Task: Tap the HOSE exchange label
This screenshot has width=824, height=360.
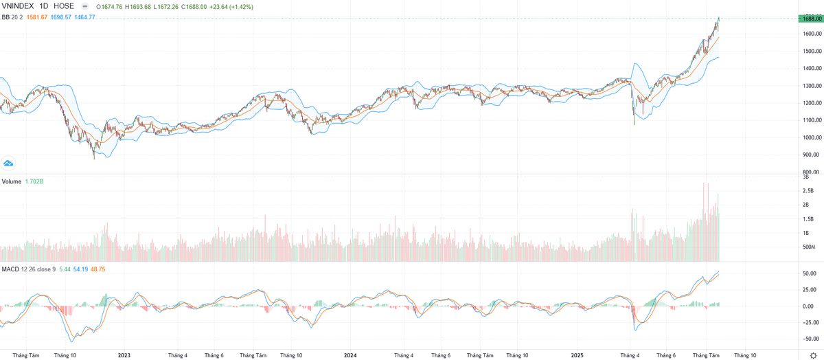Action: click(64, 6)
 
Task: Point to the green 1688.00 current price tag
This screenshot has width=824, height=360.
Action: click(810, 19)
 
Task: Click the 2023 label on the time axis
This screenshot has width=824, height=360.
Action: click(124, 355)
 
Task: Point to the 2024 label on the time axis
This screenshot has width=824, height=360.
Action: click(350, 355)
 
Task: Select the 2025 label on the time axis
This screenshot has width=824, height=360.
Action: click(577, 355)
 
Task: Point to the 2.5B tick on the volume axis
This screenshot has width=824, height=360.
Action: click(808, 191)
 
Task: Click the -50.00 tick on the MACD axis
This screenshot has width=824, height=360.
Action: click(810, 339)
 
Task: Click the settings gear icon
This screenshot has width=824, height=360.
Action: click(814, 355)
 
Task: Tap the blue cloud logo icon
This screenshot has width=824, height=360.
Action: click(9, 164)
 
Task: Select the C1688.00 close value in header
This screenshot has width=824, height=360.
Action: click(196, 6)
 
